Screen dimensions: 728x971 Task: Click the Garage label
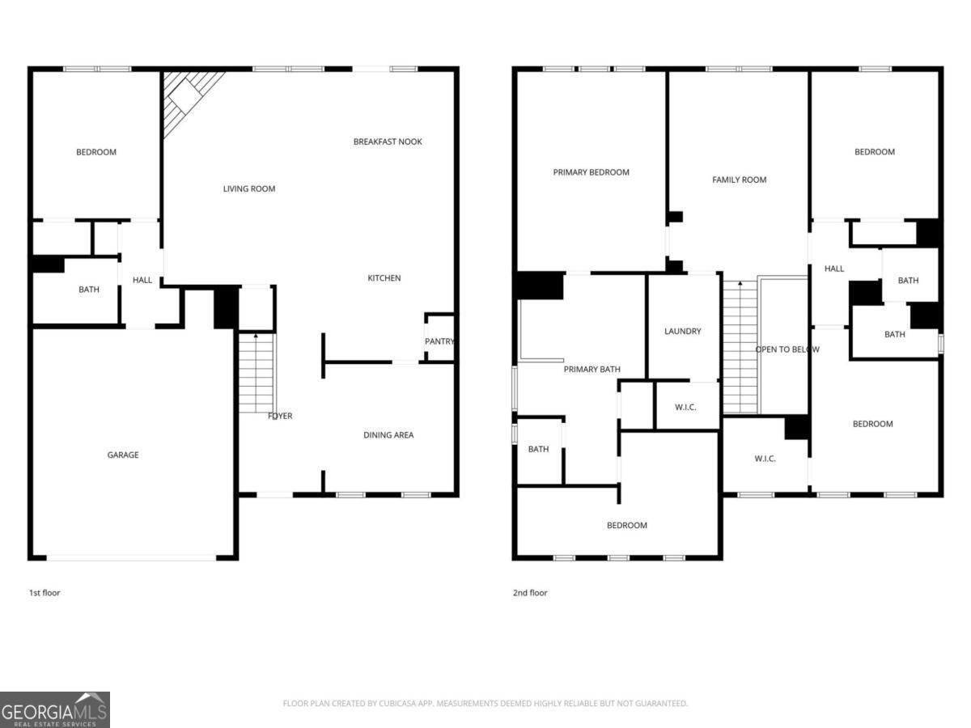tap(123, 455)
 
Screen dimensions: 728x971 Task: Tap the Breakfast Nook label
tap(388, 142)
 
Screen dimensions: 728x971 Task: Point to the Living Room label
tap(249, 188)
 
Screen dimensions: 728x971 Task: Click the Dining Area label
tap(388, 435)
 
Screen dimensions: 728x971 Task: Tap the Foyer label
tap(280, 416)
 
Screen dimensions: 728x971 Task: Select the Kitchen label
tap(384, 278)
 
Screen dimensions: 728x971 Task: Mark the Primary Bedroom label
tap(591, 172)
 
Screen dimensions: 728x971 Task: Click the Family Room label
tap(739, 180)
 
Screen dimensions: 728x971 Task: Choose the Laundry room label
tap(682, 331)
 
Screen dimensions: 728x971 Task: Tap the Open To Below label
tap(787, 349)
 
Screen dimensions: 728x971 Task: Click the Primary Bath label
tap(592, 369)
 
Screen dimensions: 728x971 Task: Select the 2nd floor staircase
tap(740, 348)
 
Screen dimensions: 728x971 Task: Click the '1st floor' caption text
tap(45, 593)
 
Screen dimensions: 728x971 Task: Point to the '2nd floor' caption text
tap(530, 593)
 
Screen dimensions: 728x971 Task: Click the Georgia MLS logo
tap(55, 709)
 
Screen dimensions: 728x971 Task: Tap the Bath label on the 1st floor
tap(89, 289)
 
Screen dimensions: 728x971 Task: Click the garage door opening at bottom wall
tap(131, 557)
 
